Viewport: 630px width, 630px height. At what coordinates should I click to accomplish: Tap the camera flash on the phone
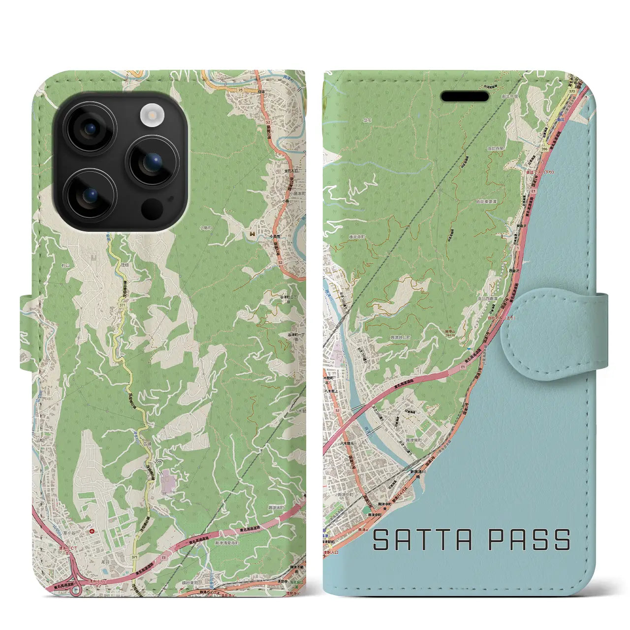(x=152, y=116)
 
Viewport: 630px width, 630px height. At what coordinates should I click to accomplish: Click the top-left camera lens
(x=90, y=128)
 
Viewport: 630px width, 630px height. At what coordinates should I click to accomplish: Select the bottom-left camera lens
(x=90, y=196)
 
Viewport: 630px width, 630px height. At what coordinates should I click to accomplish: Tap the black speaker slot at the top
(x=465, y=96)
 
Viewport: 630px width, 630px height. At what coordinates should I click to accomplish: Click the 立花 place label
(x=367, y=120)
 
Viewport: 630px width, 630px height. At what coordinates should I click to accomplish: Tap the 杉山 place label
(x=66, y=265)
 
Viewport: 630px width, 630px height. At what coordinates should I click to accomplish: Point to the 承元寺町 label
(x=357, y=237)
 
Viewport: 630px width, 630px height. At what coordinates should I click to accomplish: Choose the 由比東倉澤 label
(x=486, y=201)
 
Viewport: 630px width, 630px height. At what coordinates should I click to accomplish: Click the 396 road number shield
(x=544, y=148)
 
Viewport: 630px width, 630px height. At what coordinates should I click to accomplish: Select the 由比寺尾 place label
(x=495, y=148)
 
